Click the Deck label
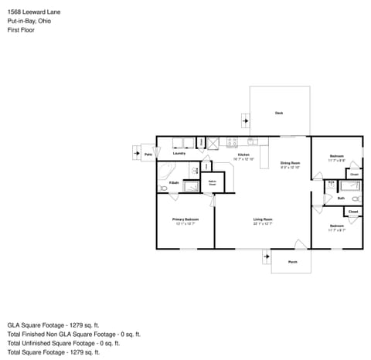click(x=279, y=114)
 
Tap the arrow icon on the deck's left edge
click(x=246, y=121)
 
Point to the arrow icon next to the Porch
click(x=267, y=256)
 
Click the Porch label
click(x=292, y=263)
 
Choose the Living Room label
click(x=263, y=220)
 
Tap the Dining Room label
click(x=290, y=163)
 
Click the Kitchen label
click(x=243, y=155)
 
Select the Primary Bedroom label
click(x=185, y=220)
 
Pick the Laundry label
click(x=179, y=154)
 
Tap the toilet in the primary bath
click(x=207, y=168)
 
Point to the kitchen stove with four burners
click(x=213, y=142)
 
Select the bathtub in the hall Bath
click(x=351, y=186)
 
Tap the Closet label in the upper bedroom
click(x=353, y=175)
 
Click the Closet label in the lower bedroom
click(x=352, y=211)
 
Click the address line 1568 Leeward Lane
click(x=36, y=12)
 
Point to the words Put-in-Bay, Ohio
click(x=31, y=22)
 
